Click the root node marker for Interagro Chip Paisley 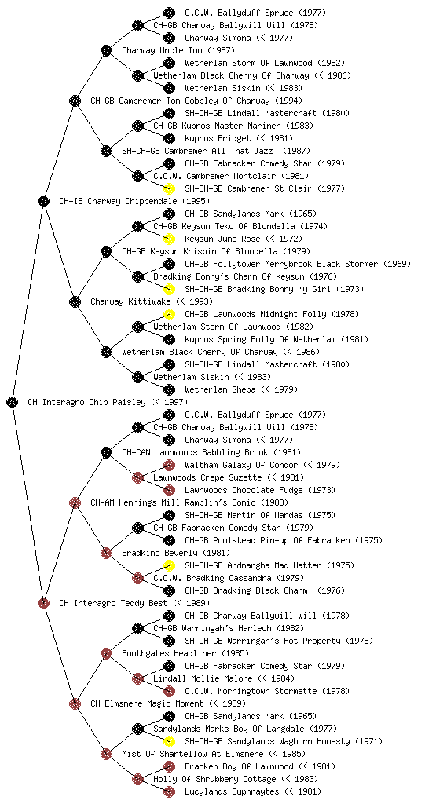click(13, 402)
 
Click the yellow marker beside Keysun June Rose click(169, 239)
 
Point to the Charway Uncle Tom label click(178, 50)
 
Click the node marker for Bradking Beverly click(106, 553)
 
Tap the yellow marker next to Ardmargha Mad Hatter click(169, 565)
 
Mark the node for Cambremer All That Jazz click(106, 151)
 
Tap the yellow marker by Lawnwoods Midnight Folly click(169, 314)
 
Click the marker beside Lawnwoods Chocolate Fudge click(169, 490)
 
